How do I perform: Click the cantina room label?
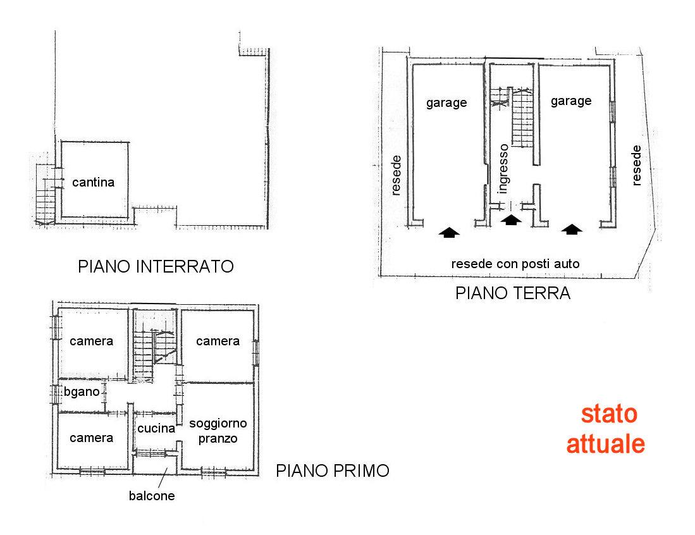93,182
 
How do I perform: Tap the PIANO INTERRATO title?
156,266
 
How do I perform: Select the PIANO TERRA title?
513,293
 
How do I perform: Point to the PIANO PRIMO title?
333,470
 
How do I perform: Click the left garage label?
446,103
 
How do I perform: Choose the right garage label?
571,101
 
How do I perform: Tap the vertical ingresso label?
503,169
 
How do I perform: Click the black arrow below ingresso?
511,219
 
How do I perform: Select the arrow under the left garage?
449,232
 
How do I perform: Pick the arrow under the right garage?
572,229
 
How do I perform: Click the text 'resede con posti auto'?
515,264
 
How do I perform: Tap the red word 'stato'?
609,414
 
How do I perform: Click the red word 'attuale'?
605,444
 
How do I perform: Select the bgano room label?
82,392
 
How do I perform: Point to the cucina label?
156,428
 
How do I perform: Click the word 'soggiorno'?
218,424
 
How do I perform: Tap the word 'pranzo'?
218,439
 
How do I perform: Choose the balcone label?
152,496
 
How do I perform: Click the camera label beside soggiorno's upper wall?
218,341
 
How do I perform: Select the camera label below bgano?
91,438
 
